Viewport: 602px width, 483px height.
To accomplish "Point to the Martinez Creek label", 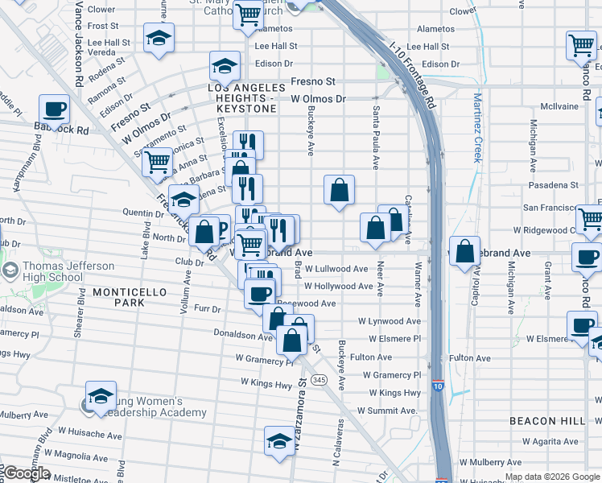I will click(476, 128).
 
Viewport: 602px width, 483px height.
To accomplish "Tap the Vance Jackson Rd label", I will click(79, 43).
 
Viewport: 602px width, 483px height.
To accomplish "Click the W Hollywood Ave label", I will click(338, 286).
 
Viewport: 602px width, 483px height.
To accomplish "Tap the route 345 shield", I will click(320, 379).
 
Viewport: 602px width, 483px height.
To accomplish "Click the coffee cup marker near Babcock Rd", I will click(55, 109).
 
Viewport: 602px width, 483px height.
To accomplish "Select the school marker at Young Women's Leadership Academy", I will click(101, 396).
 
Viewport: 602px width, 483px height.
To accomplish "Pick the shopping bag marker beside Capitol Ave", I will click(464, 250).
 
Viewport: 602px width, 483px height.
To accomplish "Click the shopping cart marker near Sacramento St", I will click(157, 161).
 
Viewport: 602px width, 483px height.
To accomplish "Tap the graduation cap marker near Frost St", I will click(159, 37).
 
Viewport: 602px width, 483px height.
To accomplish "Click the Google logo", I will click(26, 473).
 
